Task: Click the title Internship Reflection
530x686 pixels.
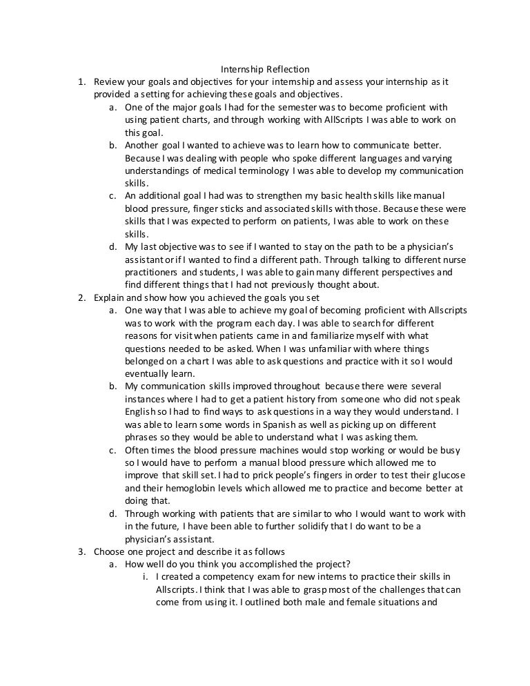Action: point(265,70)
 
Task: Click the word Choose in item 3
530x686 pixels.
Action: point(110,552)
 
